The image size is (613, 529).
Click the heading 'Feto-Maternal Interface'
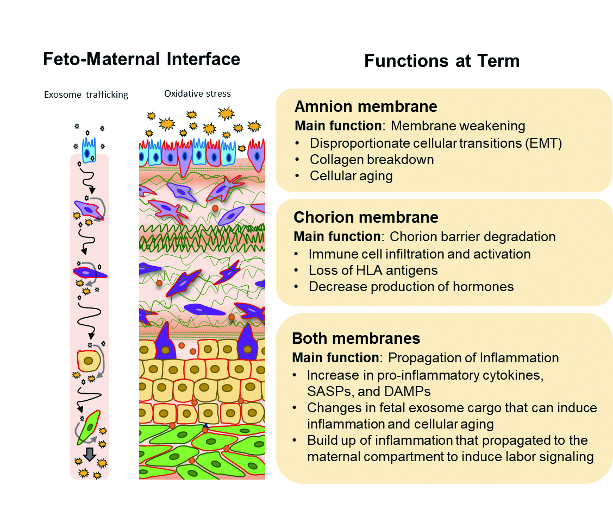tap(141, 59)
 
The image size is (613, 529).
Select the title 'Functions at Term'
tap(441, 60)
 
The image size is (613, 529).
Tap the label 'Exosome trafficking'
tap(86, 95)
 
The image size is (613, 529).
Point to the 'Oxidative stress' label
tap(197, 93)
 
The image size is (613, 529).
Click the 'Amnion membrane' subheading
tap(366, 106)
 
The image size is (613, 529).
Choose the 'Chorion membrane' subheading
tap(366, 217)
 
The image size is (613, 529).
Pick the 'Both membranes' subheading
tap(356, 338)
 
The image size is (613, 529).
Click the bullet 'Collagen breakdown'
tap(372, 160)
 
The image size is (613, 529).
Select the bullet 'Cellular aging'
tap(351, 176)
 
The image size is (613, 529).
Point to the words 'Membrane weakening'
tap(458, 126)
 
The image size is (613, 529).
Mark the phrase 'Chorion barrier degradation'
tap(472, 237)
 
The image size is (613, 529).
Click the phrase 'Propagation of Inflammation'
tap(473, 358)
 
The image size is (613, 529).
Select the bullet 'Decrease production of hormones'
tap(411, 286)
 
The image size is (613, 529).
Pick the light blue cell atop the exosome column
tap(89, 150)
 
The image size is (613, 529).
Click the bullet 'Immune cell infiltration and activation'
tap(420, 254)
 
